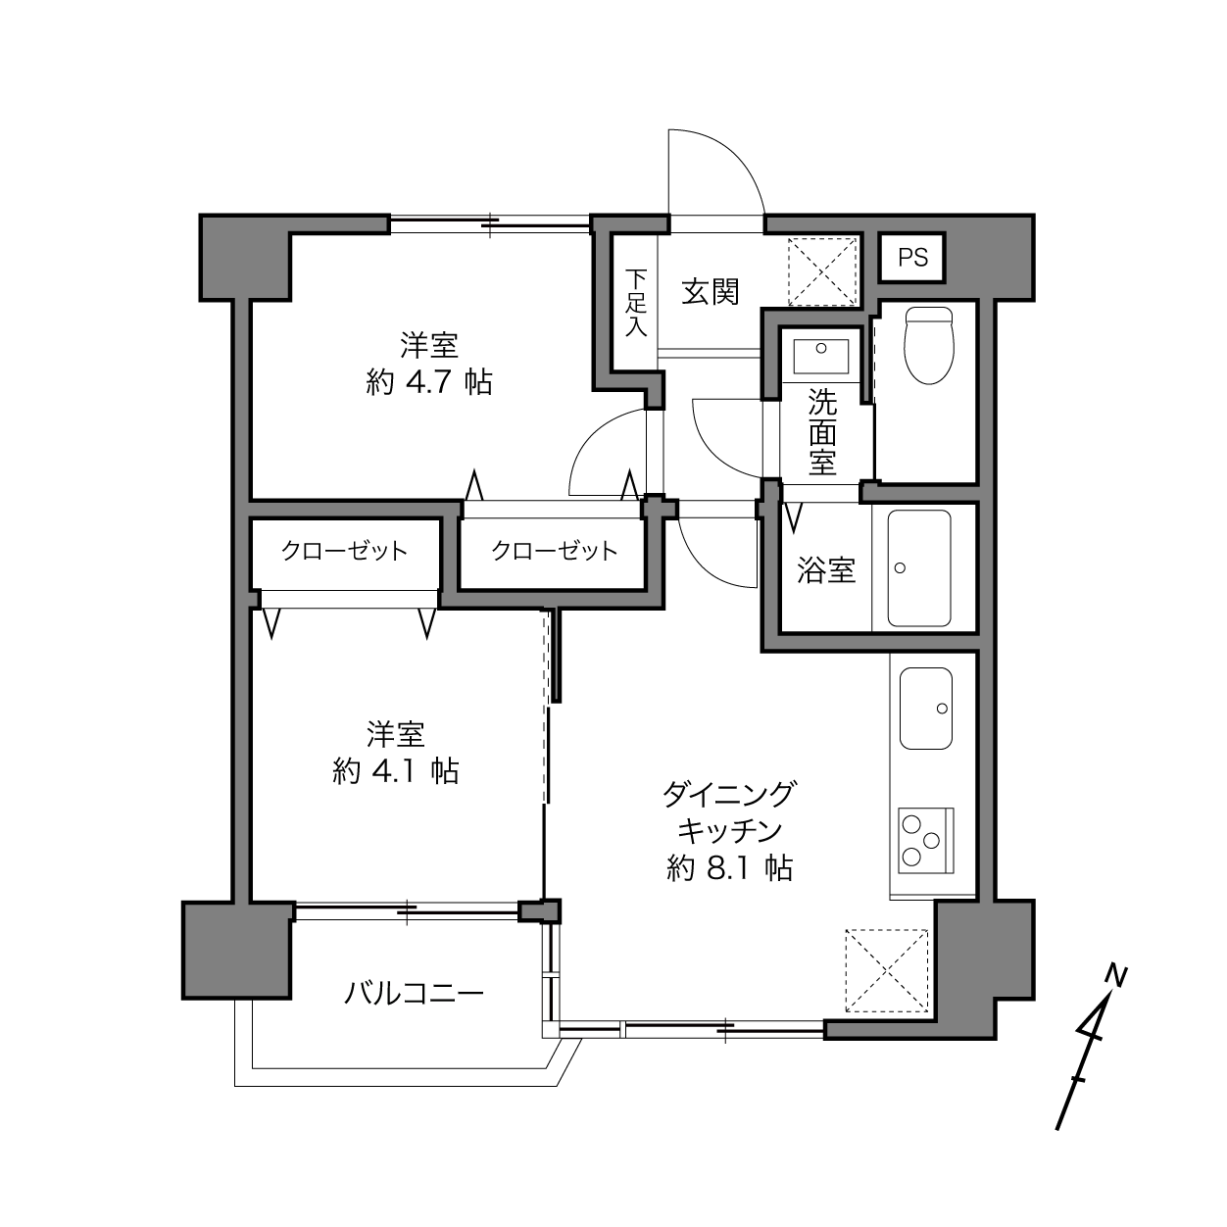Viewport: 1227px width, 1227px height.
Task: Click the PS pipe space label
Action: pyautogui.click(x=912, y=258)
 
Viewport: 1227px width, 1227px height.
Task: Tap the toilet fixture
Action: pyautogui.click(x=929, y=346)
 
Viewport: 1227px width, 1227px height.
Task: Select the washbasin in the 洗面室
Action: pyautogui.click(x=820, y=357)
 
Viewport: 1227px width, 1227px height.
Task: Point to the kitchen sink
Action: pyautogui.click(x=926, y=708)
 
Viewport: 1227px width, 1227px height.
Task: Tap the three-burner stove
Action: pyautogui.click(x=926, y=840)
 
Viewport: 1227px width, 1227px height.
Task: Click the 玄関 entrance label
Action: pyautogui.click(x=711, y=292)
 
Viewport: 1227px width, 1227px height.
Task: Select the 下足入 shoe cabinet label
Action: pyautogui.click(x=635, y=303)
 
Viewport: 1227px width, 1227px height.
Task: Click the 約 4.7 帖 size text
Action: pyautogui.click(x=429, y=382)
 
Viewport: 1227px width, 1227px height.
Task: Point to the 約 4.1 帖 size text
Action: pyautogui.click(x=395, y=771)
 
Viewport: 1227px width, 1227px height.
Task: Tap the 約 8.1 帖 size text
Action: pyautogui.click(x=730, y=868)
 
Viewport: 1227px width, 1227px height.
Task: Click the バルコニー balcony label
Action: pyautogui.click(x=414, y=994)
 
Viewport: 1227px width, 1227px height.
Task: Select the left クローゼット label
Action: pyautogui.click(x=344, y=551)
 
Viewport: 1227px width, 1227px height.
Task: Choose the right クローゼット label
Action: pyautogui.click(x=554, y=551)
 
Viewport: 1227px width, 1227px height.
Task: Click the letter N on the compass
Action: pyautogui.click(x=1116, y=977)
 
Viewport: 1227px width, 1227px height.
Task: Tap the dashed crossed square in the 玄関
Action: pyautogui.click(x=822, y=271)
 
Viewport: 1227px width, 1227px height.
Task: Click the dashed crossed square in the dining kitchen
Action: pyautogui.click(x=887, y=971)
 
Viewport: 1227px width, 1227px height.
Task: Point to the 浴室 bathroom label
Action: pyautogui.click(x=826, y=570)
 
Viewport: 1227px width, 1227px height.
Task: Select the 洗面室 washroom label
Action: pyautogui.click(x=822, y=432)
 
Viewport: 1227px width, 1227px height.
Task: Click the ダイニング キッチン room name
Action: pyautogui.click(x=730, y=811)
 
